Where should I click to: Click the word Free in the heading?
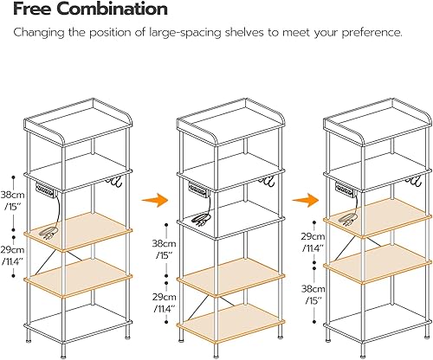pos(34,10)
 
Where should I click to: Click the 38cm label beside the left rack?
pos(12,195)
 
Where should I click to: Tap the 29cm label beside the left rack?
pos(12,248)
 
